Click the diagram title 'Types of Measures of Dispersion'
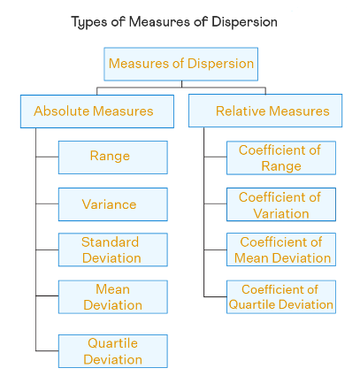pos(174,22)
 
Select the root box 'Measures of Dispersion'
pos(181,64)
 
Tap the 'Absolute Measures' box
pos(97,111)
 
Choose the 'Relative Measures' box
pos(265,111)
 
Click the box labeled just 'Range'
pos(113,157)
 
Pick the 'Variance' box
pos(113,204)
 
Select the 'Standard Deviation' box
pos(113,249)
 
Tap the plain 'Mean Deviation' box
pos(113,297)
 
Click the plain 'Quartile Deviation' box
pos(113,351)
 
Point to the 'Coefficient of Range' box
pos(281,157)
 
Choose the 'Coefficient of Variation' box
pos(281,204)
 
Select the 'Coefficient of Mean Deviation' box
pos(281,249)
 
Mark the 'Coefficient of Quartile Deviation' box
pos(281,297)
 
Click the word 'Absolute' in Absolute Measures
pos(61,111)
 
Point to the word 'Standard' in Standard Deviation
pos(110,242)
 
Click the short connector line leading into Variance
pos(47,203)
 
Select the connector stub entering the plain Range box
pos(47,157)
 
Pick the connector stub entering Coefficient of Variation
pos(215,203)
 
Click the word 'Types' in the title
pos(89,23)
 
